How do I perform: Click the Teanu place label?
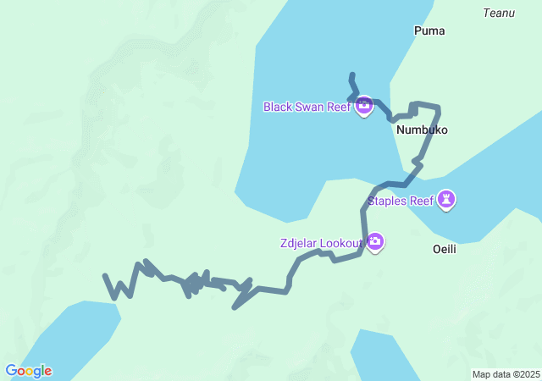499,13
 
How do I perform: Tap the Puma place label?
429,31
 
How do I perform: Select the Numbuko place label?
421,130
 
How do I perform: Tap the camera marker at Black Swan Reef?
364,106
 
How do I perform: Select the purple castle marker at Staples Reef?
446,200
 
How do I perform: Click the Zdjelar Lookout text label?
321,244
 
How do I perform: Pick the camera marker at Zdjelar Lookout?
375,243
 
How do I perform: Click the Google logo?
28,371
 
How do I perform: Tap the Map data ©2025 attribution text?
506,374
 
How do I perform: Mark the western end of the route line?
105,276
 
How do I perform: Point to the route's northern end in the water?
351,75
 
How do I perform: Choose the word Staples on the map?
386,201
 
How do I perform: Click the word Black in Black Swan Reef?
278,107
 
